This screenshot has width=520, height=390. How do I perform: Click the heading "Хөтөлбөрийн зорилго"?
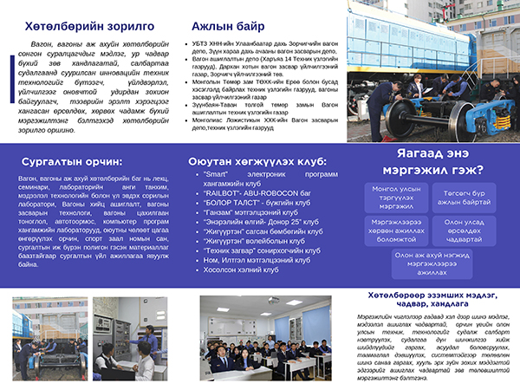(x=82, y=26)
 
